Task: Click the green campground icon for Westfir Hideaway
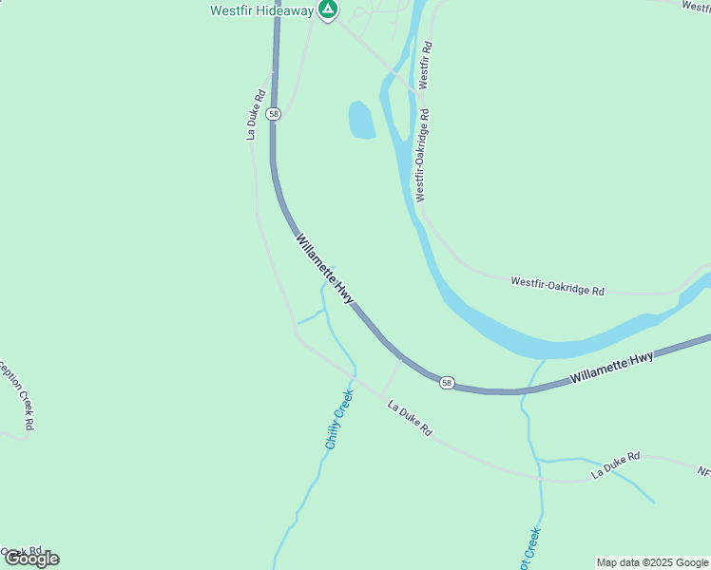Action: (328, 10)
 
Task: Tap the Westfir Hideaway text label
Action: (261, 11)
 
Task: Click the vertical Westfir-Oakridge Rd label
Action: (422, 155)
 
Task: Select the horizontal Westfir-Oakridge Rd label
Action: (557, 286)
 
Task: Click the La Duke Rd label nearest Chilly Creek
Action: (410, 418)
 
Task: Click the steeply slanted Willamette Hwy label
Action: (325, 269)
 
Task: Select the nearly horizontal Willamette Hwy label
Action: (612, 369)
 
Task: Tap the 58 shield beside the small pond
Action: (274, 114)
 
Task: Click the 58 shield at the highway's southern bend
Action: (447, 383)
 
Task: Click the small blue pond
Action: (361, 121)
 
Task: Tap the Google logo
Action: (30, 559)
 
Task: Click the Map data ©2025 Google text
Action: (652, 562)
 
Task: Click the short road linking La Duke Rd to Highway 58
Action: (392, 377)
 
